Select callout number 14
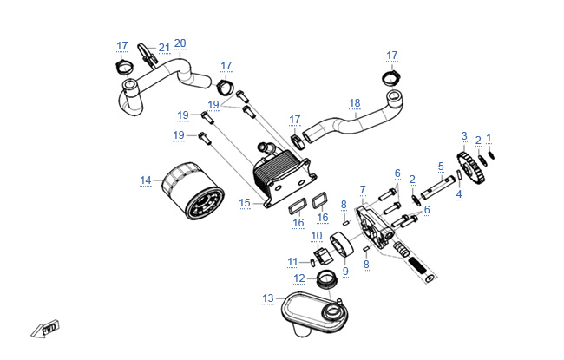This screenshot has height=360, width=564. tap(146, 180)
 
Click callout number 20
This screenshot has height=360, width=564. tap(180, 43)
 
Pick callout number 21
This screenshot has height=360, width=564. tap(164, 47)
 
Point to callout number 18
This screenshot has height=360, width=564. tap(354, 103)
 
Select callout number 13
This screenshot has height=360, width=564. tap(268, 298)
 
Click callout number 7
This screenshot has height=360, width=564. tap(363, 188)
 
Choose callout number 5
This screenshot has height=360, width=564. tap(441, 166)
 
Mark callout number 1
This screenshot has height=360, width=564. tap(489, 138)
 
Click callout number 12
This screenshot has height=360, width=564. tap(299, 278)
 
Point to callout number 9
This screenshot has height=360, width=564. tap(344, 271)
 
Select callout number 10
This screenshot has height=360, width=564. tap(317, 235)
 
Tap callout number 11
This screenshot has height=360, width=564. tap(292, 261)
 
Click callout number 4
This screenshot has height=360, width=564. tap(459, 195)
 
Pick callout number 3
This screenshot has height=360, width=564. tap(464, 136)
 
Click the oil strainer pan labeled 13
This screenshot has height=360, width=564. tap(318, 313)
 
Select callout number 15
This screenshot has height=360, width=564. tap(245, 203)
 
